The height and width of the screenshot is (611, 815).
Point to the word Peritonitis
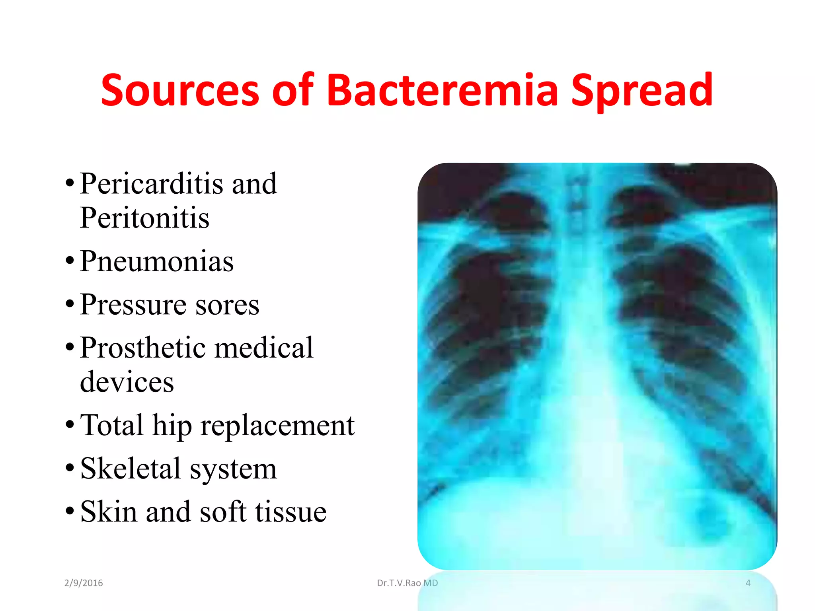(x=144, y=218)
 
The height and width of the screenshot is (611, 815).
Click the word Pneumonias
(x=157, y=261)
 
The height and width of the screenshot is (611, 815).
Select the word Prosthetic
(x=142, y=348)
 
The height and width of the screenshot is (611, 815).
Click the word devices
(x=127, y=382)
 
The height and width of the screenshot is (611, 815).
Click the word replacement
(x=277, y=426)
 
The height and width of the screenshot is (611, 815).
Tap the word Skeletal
(x=131, y=469)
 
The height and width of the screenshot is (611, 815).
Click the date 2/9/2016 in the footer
(x=84, y=583)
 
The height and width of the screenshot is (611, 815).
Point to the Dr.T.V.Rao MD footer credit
(x=407, y=583)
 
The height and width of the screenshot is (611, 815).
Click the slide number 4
(x=748, y=583)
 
